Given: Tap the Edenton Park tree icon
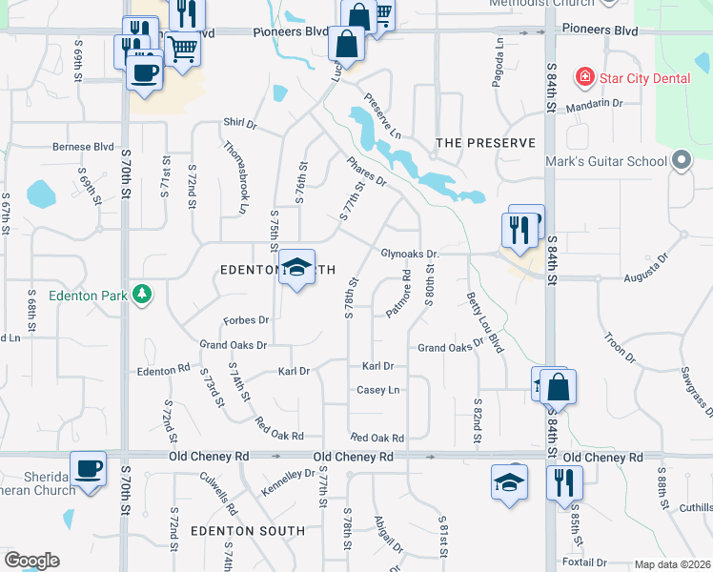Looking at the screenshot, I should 142,295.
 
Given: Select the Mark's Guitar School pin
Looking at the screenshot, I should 681,162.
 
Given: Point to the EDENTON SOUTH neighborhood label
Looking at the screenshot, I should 234,530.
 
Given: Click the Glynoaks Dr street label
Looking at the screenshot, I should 409,255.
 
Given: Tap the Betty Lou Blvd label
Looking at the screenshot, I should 484,323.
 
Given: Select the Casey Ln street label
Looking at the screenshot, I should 377,390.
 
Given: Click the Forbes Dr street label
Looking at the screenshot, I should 246,320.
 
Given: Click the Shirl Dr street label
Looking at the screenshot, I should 240,124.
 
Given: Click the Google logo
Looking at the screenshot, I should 31,561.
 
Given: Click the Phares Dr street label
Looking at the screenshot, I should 366,172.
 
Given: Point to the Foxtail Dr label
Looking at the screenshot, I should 584,562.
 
